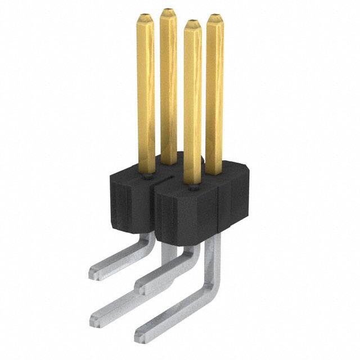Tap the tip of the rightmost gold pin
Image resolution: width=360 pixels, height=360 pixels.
(x=215, y=19)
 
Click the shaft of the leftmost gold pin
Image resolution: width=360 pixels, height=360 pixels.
(x=146, y=90)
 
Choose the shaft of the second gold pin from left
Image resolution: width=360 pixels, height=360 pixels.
(x=168, y=84)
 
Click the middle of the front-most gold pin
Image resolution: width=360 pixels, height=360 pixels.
(x=192, y=101)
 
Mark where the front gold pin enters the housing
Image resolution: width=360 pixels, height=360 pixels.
(x=192, y=183)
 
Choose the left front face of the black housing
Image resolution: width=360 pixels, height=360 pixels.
(x=127, y=202)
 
